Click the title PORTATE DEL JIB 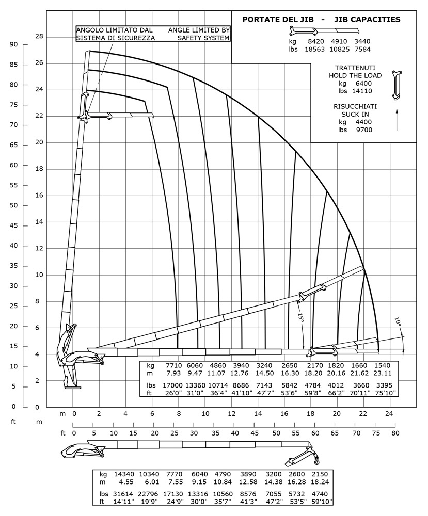(x=277, y=20)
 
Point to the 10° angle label (x=398, y=322)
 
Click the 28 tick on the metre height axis (x=39, y=37)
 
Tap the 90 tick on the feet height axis (x=13, y=45)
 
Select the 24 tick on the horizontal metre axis (x=390, y=413)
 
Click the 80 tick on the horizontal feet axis (x=395, y=432)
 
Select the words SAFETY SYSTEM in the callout (x=203, y=38)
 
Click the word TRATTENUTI (x=355, y=68)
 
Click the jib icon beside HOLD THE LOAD (x=396, y=84)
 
